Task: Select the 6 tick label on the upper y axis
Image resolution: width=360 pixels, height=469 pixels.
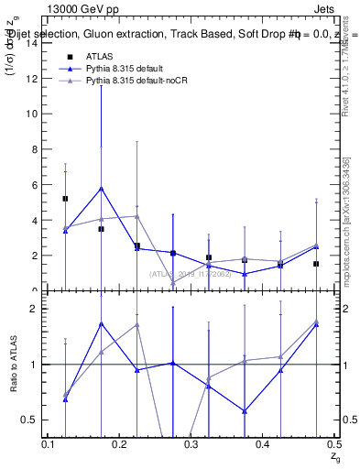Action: pyautogui.click(x=36, y=185)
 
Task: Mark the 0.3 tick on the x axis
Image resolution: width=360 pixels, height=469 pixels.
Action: pyautogui.click(x=191, y=444)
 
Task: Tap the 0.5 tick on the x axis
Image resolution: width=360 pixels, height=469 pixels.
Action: pyautogui.click(x=333, y=444)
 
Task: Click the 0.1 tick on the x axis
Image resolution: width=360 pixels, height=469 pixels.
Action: pyautogui.click(x=49, y=444)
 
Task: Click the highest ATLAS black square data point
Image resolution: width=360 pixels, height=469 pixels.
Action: pyautogui.click(x=65, y=199)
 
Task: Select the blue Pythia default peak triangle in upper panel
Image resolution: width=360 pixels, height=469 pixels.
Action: pyautogui.click(x=101, y=188)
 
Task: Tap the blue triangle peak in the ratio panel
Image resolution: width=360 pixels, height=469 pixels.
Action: pyautogui.click(x=101, y=323)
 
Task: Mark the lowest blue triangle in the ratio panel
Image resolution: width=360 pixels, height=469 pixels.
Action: pyautogui.click(x=244, y=410)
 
